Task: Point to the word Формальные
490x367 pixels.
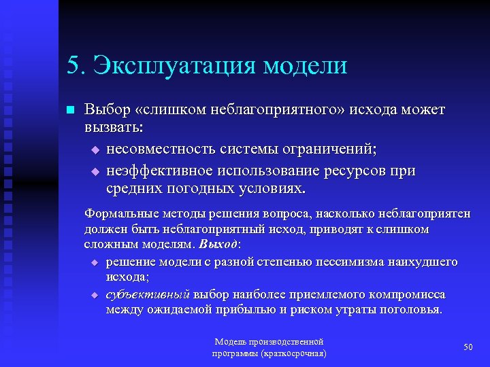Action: point(117,215)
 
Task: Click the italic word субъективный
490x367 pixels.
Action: point(148,294)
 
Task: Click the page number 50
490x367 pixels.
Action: point(468,347)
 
